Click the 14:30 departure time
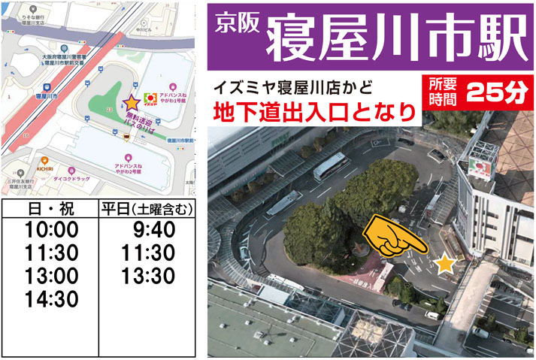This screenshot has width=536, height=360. coord(51,299)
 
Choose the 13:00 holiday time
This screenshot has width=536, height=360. coord(51,276)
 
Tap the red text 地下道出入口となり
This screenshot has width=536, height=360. coord(314,113)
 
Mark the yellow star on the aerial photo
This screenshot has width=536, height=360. coord(446,263)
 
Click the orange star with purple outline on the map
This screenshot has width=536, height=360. coord(131,101)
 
